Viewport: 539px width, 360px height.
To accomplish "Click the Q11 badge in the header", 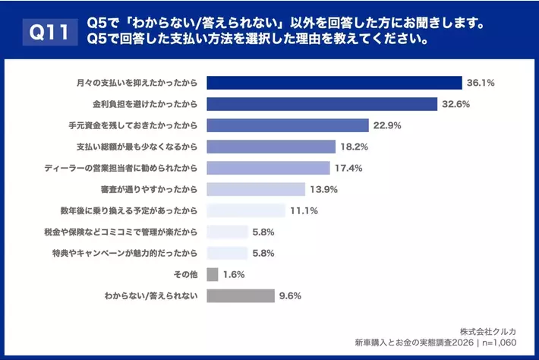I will coord(46,32).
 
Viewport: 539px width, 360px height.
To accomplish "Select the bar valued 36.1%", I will coord(334,83).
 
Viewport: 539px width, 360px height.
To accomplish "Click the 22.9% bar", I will coord(288,125).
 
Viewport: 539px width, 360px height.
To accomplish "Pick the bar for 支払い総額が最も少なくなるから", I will coord(271,147).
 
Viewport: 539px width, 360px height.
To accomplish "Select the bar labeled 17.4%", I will coord(268,168).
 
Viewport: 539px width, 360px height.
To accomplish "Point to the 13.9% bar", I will coord(256,189).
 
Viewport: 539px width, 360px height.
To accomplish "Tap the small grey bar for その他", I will coord(213,274).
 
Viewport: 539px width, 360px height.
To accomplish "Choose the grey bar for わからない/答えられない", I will coord(240,295).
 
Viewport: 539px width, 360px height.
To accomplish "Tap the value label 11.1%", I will coord(303,210).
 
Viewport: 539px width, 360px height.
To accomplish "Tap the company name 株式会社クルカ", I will coord(488,330).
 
